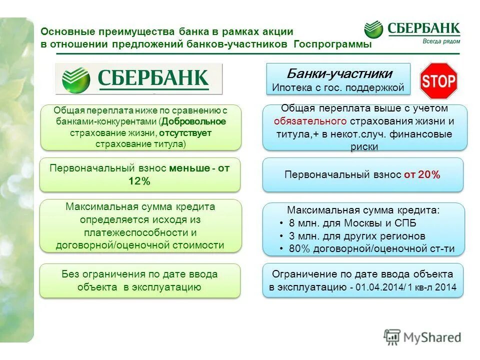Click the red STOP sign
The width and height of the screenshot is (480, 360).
[438, 80]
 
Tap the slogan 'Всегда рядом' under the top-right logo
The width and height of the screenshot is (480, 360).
[438, 41]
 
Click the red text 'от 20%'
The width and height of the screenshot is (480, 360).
[422, 174]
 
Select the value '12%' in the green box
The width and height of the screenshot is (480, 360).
[139, 181]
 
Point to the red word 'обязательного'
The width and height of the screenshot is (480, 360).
[310, 121]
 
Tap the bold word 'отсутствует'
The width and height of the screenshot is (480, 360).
[186, 133]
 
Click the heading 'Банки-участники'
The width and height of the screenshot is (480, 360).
[339, 74]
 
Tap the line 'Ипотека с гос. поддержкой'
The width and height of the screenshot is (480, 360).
[338, 87]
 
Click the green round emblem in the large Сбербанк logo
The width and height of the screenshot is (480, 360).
[76, 79]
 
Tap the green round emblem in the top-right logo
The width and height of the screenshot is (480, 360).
[373, 29]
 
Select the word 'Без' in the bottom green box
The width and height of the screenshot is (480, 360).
[70, 274]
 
